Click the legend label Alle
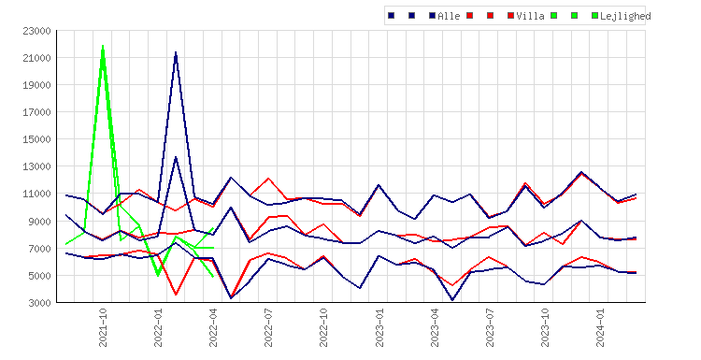[x=449, y=16]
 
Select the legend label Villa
[x=530, y=16]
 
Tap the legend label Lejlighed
[x=625, y=16]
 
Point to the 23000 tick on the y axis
[x=36, y=31]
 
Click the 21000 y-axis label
[x=36, y=58]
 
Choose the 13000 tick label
[x=36, y=166]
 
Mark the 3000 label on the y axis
[x=39, y=303]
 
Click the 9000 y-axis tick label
[x=39, y=222]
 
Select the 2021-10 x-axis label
[x=103, y=328]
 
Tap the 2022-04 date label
[x=213, y=328]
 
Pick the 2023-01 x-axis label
[x=379, y=328]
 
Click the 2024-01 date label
[x=600, y=328]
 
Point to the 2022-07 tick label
[x=268, y=328]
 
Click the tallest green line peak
[x=103, y=46]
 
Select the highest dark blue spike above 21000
[x=176, y=52]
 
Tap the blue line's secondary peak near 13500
[x=176, y=157]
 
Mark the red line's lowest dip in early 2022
[x=176, y=295]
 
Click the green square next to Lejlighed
[x=594, y=16]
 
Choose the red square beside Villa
[x=510, y=16]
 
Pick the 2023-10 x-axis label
[x=545, y=328]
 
